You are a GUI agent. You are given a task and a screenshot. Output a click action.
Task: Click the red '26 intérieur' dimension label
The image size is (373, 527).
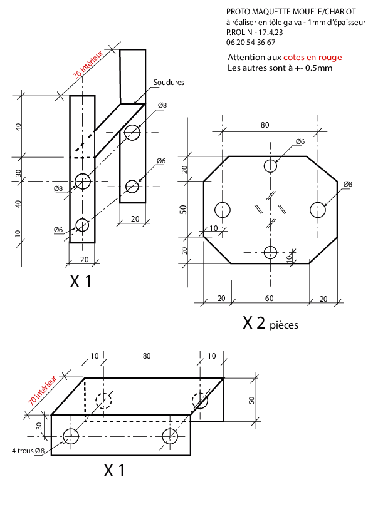tap(88, 65)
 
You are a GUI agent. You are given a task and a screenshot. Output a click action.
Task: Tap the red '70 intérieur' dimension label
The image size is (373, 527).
tap(42, 391)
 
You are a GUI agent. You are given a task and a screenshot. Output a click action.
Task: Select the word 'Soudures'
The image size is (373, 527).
tap(169, 83)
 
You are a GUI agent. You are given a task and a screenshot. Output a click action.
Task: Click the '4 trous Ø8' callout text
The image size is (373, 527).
tap(28, 451)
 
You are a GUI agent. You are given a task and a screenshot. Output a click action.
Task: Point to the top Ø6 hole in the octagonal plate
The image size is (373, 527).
tap(270, 166)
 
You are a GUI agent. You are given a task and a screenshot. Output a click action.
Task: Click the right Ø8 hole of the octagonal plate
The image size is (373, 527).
tap(318, 210)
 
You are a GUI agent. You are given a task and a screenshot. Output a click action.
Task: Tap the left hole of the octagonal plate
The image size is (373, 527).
tap(222, 210)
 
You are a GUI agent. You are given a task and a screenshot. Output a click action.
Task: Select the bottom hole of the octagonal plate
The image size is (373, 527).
tap(270, 252)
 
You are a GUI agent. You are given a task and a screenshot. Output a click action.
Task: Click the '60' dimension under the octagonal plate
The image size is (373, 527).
tap(270, 299)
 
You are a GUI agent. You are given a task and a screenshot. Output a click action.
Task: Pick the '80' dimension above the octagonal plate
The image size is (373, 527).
tap(265, 125)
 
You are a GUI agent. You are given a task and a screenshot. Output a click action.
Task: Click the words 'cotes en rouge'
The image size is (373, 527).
tap(312, 58)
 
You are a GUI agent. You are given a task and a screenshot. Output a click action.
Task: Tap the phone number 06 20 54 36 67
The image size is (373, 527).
tap(251, 43)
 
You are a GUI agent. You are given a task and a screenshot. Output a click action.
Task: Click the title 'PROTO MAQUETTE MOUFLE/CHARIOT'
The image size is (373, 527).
tap(291, 12)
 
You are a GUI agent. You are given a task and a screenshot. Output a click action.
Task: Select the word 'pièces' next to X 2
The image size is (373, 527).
tap(284, 325)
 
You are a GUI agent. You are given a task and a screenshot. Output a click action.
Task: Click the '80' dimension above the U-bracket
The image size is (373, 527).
tap(147, 356)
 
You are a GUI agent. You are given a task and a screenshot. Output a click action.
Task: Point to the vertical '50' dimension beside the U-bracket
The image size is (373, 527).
tap(251, 400)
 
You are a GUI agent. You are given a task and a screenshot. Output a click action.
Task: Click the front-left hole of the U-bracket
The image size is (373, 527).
tap(71, 436)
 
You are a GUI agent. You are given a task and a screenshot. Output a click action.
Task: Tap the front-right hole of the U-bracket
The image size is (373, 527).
tap(170, 436)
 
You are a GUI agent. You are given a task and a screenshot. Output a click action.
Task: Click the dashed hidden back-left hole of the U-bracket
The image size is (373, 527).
tap(103, 401)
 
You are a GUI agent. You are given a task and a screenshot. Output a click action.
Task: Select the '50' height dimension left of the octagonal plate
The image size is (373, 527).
tap(183, 210)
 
